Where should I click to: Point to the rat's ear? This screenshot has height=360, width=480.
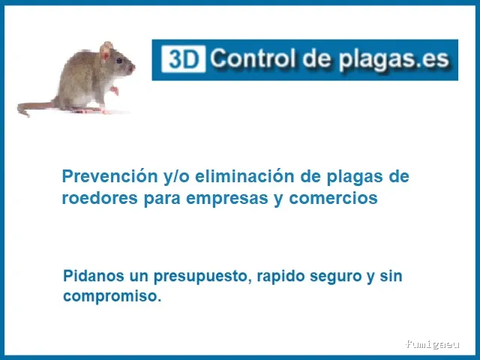point(106,53)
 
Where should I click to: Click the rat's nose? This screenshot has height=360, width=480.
point(133,68)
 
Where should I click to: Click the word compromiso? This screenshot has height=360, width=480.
point(111,296)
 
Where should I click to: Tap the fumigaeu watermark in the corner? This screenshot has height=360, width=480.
point(432,344)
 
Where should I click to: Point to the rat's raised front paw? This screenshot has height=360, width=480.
point(115,91)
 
